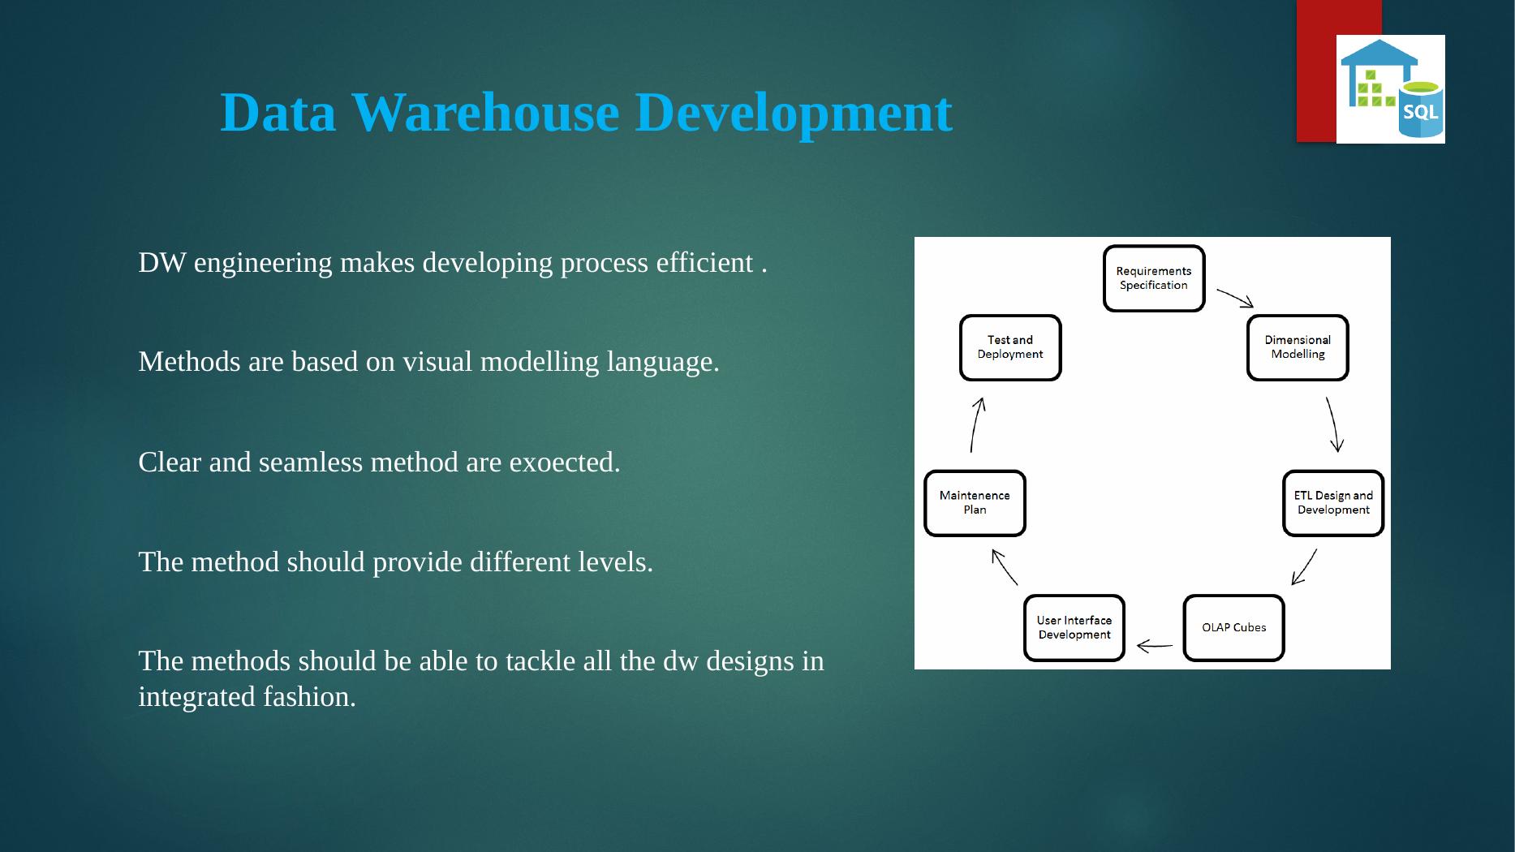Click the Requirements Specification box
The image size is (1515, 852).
point(1154,278)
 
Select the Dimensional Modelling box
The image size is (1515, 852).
point(1298,347)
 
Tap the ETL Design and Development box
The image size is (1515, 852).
point(1333,503)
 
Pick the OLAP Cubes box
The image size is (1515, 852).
point(1233,628)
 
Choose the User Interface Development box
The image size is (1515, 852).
point(1074,628)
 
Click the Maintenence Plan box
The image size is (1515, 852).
point(975,503)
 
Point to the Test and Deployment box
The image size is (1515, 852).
point(1010,347)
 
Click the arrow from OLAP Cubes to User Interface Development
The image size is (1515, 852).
point(1155,647)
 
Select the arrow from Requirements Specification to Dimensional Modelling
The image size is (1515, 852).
point(1236,298)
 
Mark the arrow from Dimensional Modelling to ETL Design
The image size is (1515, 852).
point(1334,424)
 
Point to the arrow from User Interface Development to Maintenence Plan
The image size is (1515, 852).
point(1004,566)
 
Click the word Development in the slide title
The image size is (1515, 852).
point(794,114)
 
